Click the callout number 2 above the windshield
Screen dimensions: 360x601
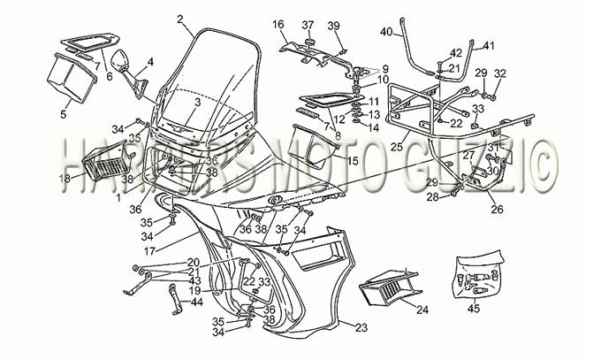[x=180, y=19]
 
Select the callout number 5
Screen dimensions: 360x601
[x=62, y=113]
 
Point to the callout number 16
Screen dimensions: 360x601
[x=278, y=24]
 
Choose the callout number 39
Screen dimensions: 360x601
[x=333, y=24]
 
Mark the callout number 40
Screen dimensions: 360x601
[x=386, y=32]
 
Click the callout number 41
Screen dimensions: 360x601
[x=489, y=45]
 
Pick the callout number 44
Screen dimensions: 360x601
[x=196, y=303]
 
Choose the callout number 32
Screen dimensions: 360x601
[x=500, y=73]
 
